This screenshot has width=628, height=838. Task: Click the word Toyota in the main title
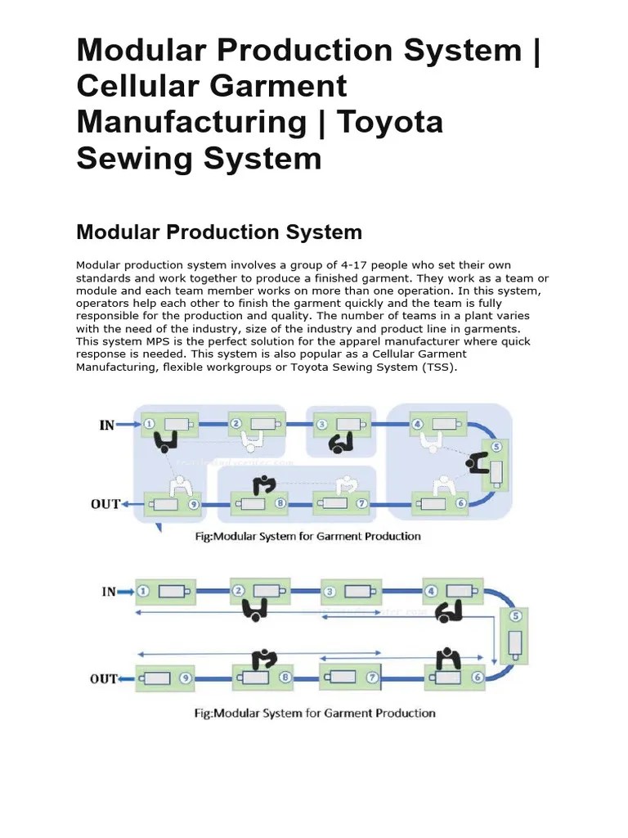pyautogui.click(x=390, y=122)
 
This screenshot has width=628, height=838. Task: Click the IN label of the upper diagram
pyautogui.click(x=106, y=426)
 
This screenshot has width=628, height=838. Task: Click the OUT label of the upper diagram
pyautogui.click(x=105, y=504)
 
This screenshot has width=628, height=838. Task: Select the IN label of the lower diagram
pyautogui.click(x=108, y=591)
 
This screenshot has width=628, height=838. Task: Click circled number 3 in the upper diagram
pyautogui.click(x=322, y=425)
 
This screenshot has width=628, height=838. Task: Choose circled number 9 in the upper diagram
pyautogui.click(x=193, y=505)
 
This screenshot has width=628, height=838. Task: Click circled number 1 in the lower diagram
pyautogui.click(x=144, y=590)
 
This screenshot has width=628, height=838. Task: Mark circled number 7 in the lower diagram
pyautogui.click(x=372, y=678)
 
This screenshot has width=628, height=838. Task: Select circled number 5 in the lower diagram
pyautogui.click(x=515, y=616)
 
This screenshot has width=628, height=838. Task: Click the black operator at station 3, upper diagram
pyautogui.click(x=339, y=443)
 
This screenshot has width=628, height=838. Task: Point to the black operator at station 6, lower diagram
pyautogui.click(x=446, y=658)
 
